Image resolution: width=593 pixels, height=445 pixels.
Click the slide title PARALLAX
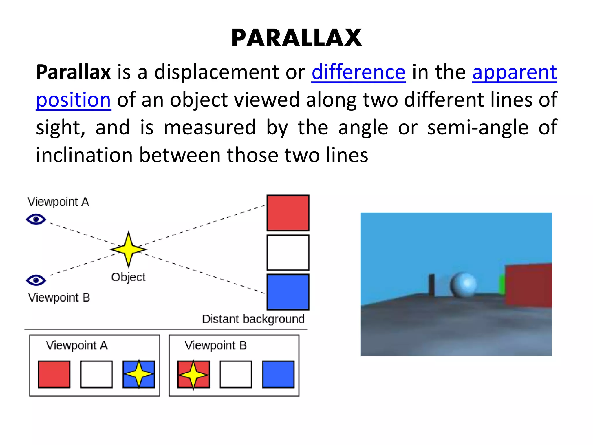(x=296, y=38)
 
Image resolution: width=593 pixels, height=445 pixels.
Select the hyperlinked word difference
(x=358, y=72)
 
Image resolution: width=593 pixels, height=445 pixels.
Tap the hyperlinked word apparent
(x=514, y=72)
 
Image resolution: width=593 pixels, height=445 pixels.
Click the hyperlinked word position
(x=73, y=100)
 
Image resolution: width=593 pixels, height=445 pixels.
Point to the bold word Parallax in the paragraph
(x=73, y=72)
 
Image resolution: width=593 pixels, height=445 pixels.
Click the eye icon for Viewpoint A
(x=36, y=219)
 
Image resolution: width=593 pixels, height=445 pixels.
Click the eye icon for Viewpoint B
(x=36, y=280)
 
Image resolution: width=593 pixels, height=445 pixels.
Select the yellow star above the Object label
(x=129, y=249)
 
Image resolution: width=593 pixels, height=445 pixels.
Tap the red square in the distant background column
(x=288, y=213)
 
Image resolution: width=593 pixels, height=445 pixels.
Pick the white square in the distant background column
(x=288, y=252)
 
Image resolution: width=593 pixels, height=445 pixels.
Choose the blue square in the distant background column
(x=288, y=292)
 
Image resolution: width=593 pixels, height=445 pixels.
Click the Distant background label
(x=253, y=319)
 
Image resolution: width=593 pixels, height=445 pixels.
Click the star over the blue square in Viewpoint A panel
(x=139, y=374)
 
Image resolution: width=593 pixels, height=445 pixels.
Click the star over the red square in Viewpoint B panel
(x=193, y=375)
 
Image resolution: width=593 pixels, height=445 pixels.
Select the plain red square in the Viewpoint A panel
(x=54, y=374)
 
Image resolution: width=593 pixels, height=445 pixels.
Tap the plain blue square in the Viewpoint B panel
(x=278, y=374)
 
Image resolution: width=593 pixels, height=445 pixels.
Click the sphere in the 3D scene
(x=463, y=285)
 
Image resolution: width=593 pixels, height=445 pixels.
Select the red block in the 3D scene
(x=528, y=285)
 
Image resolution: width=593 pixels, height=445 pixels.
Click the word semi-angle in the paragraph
(x=478, y=127)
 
